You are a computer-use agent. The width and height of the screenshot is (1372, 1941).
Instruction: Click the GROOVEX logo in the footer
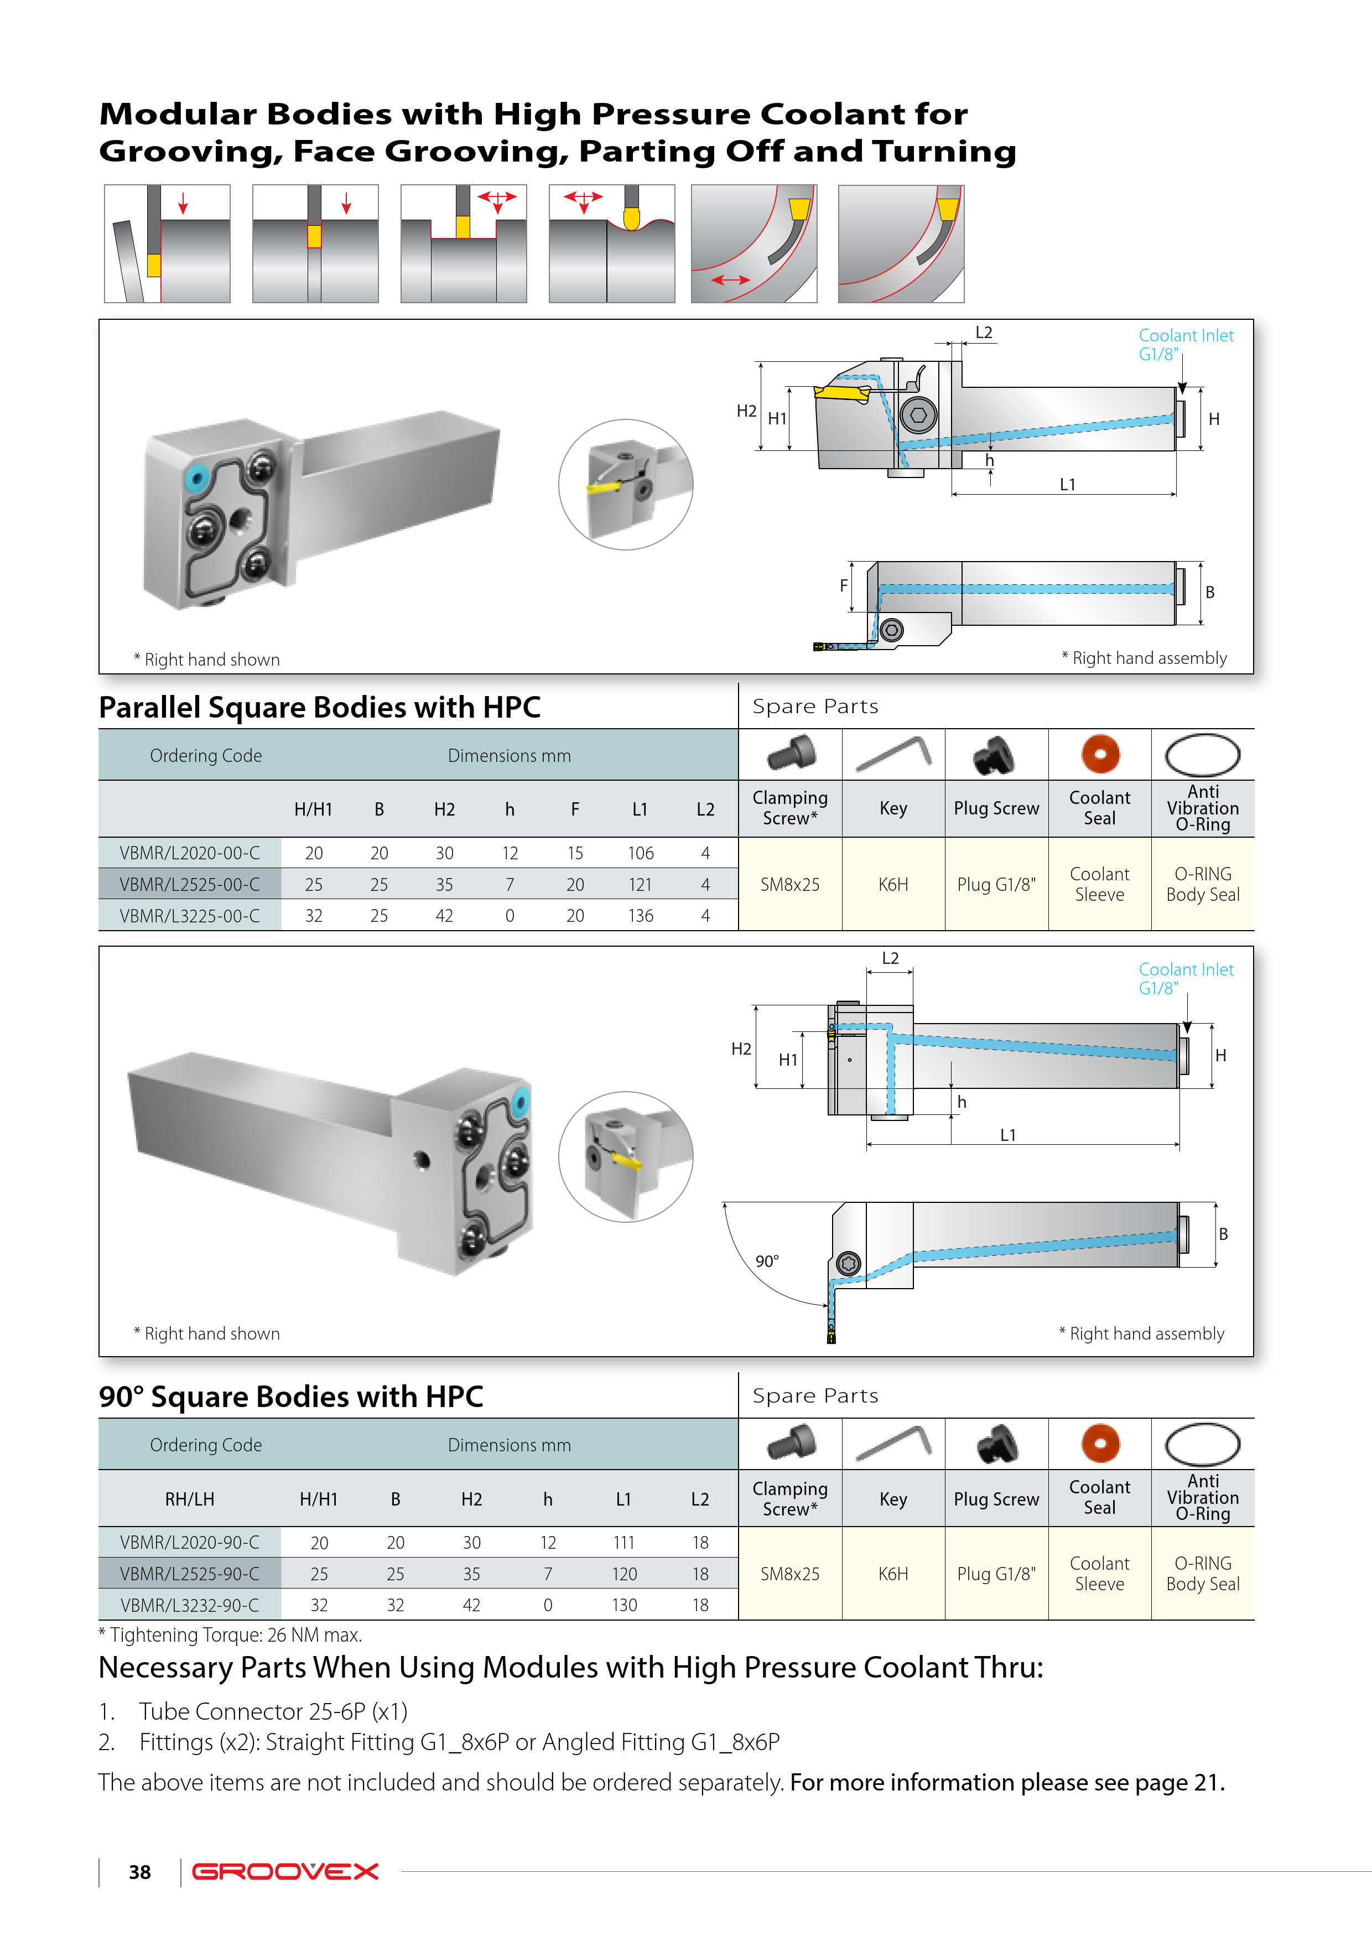point(285,1872)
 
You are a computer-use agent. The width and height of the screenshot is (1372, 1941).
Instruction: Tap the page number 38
point(139,1872)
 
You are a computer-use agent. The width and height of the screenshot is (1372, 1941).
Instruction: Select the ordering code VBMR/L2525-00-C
point(189,884)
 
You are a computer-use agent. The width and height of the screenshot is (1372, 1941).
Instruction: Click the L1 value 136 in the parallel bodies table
point(640,916)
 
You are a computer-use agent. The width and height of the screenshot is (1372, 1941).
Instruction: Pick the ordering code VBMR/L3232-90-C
point(189,1605)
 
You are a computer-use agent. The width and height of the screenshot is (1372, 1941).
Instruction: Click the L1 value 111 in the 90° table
point(624,1542)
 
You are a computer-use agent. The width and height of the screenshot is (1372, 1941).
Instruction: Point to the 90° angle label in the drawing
point(767,1262)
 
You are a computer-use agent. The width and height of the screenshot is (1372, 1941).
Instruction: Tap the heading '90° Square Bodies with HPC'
point(291,1397)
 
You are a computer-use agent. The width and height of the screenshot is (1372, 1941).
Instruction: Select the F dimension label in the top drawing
point(844,585)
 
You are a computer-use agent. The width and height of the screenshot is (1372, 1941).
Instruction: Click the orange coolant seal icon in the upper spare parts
point(1100,754)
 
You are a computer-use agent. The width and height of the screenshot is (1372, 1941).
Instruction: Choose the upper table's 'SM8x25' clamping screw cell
point(789,884)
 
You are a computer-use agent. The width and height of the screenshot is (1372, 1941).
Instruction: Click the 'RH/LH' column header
point(189,1499)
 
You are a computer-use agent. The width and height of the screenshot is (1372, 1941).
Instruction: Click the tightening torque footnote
point(231,1635)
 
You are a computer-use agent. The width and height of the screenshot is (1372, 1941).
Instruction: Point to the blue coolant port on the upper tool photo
point(197,478)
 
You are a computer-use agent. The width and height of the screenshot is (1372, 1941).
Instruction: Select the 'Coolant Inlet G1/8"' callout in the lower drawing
point(1185,978)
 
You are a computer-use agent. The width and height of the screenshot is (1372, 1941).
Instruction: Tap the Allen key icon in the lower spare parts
point(893,1443)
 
